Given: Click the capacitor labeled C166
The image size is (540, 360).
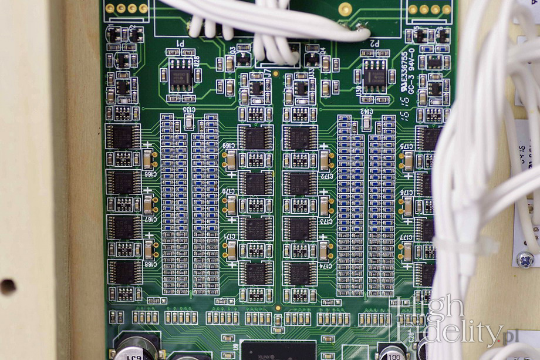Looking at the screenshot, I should pyautogui.click(x=148, y=159).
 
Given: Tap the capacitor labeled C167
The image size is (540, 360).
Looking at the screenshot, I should pyautogui.click(x=148, y=204).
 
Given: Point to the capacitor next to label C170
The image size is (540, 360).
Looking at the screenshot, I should pyautogui.click(x=232, y=205).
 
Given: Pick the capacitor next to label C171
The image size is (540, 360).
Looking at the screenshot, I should pyautogui.click(x=232, y=250).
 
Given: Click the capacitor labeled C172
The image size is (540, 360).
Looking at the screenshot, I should pyautogui.click(x=324, y=160).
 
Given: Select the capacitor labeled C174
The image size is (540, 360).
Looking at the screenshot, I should pyautogui.click(x=324, y=251).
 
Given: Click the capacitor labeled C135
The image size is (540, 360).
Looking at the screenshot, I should pyautogui.click(x=189, y=122).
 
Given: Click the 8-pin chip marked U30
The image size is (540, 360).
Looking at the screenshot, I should pyautogui.click(x=374, y=75).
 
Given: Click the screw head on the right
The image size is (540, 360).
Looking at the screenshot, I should pyautogui.click(x=524, y=259).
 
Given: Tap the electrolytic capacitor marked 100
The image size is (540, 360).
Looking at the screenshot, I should pyautogui.click(x=393, y=353).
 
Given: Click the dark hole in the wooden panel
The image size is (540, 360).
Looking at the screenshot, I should pyautogui.click(x=8, y=287).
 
